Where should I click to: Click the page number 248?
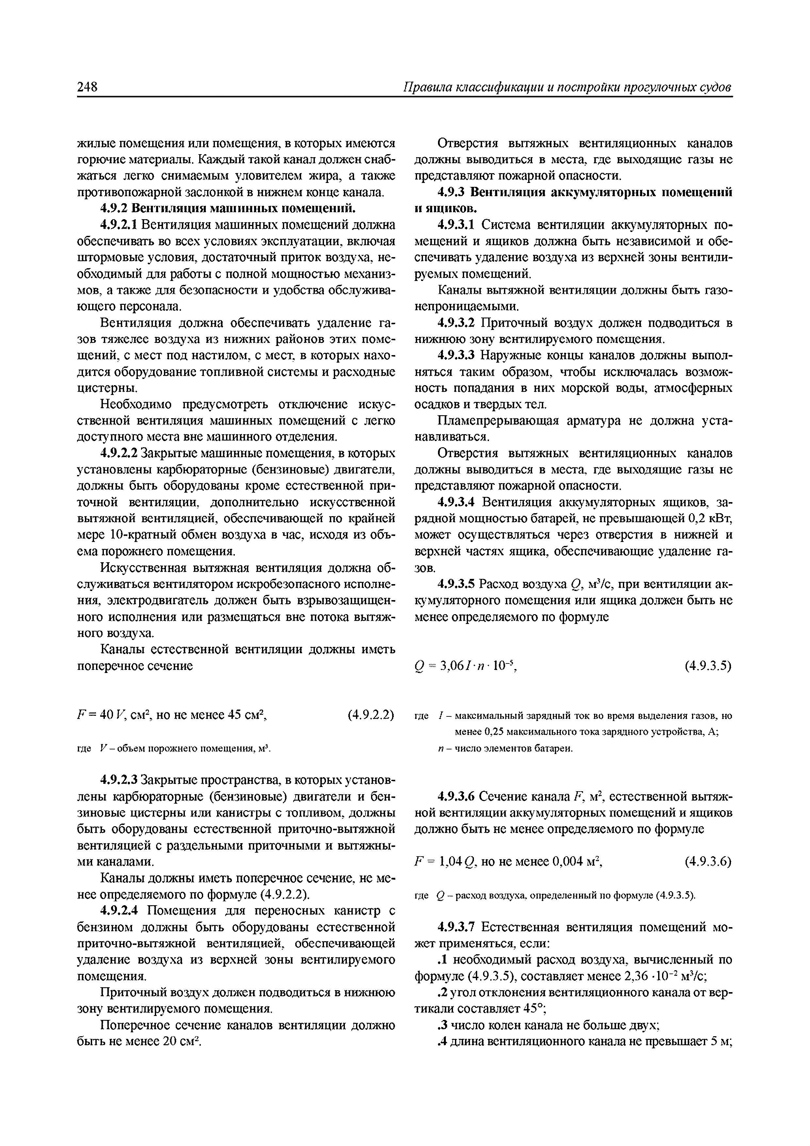(x=87, y=87)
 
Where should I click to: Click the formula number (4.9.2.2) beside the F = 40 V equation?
(x=371, y=715)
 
